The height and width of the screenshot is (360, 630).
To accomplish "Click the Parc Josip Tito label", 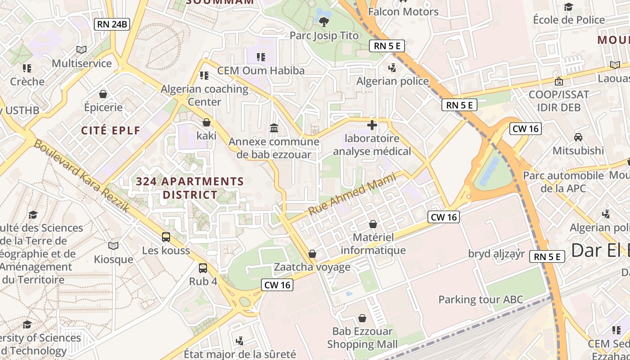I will [x=324, y=36].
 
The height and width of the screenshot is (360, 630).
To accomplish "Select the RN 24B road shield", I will [x=112, y=24].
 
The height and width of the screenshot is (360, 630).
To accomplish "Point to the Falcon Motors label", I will [x=403, y=12].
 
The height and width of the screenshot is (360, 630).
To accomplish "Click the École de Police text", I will [x=569, y=20].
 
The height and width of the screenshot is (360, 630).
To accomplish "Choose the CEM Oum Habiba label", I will [x=261, y=71].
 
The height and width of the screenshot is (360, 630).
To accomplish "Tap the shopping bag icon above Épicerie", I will [x=103, y=94].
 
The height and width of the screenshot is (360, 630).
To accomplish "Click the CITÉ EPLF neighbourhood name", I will [x=111, y=130].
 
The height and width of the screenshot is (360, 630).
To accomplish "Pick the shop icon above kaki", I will [x=207, y=122].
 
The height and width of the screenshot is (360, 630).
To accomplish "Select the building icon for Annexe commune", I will [x=274, y=128].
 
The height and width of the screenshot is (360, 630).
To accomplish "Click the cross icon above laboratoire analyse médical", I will [x=372, y=125].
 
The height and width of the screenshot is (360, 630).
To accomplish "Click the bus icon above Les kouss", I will [x=166, y=237].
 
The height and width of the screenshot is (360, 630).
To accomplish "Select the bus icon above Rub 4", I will [x=203, y=268].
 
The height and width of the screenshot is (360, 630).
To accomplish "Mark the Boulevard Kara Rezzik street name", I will [x=82, y=176].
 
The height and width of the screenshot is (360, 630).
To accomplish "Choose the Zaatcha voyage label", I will [x=312, y=267].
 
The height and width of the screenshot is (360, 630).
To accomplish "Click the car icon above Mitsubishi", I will [x=578, y=137].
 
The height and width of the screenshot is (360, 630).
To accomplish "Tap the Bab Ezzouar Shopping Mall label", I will [x=362, y=338].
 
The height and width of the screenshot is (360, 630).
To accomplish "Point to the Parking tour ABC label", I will [x=481, y=300].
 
